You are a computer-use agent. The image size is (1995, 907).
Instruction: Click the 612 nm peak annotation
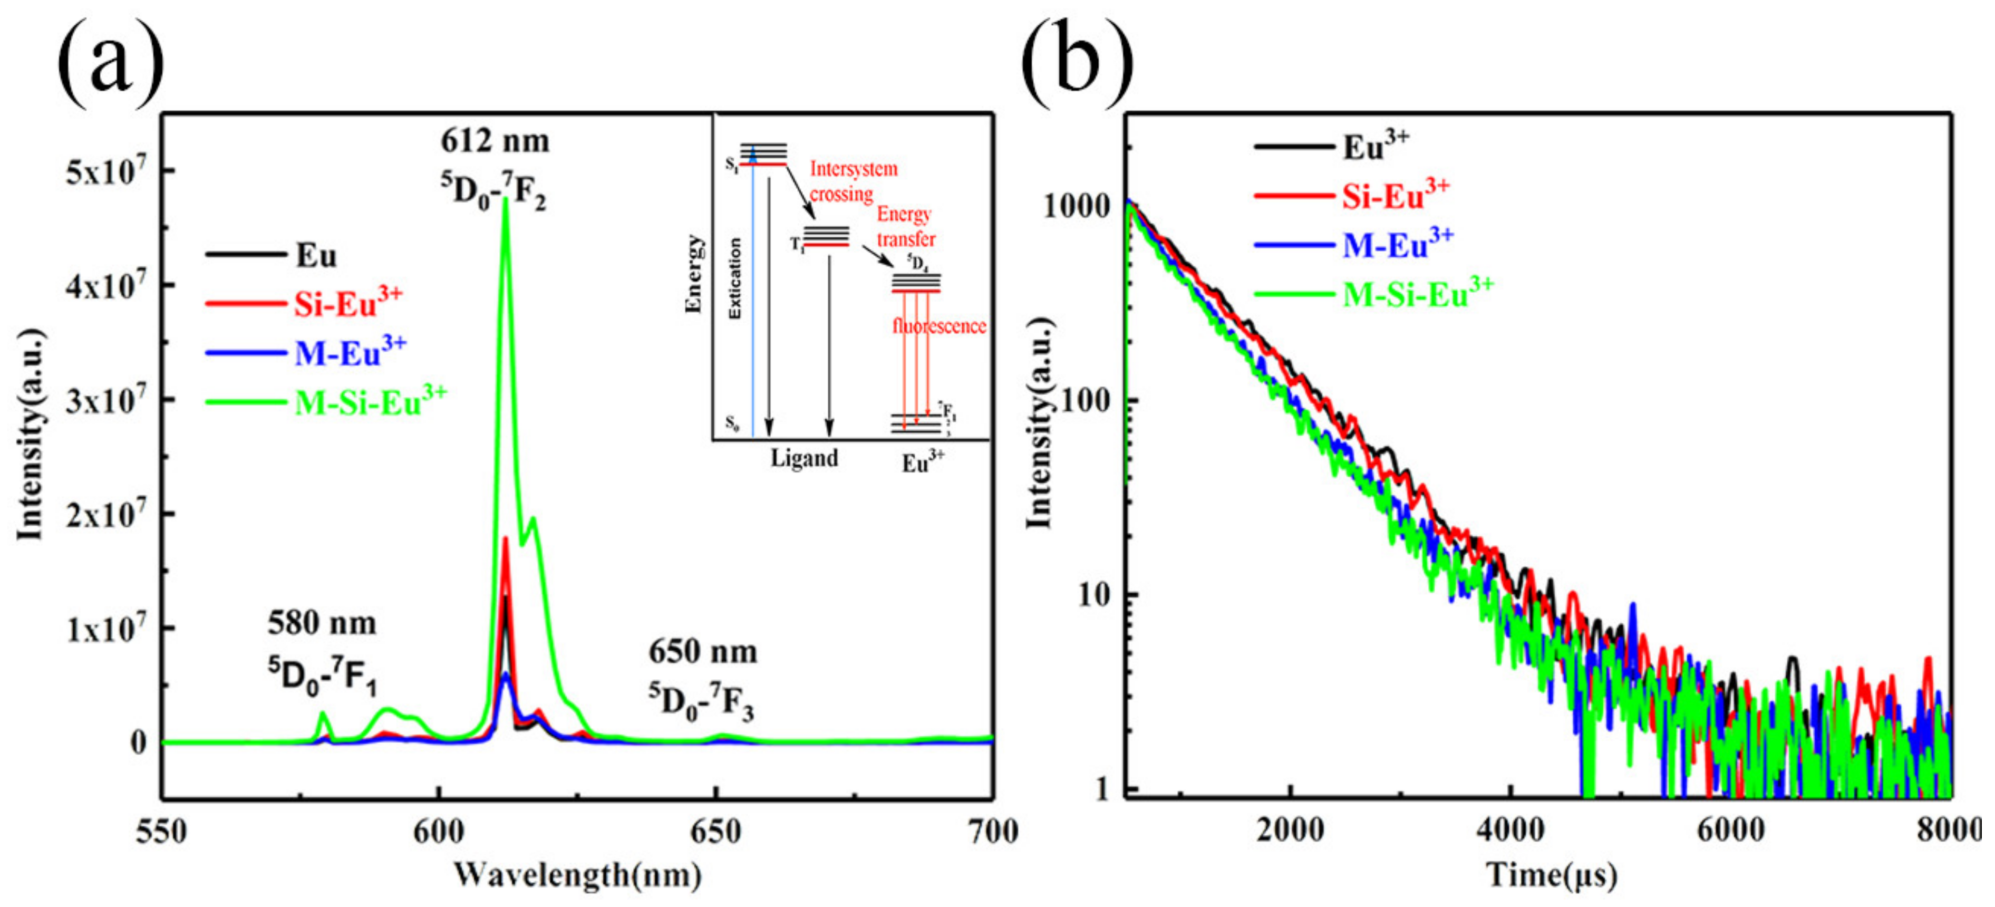pyautogui.click(x=496, y=142)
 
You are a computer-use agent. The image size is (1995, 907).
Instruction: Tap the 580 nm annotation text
pyautogui.click(x=322, y=623)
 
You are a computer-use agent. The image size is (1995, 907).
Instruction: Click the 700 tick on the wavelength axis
pyautogui.click(x=992, y=832)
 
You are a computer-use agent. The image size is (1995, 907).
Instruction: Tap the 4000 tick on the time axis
pyautogui.click(x=1509, y=831)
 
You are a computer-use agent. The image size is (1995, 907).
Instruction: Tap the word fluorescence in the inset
pyautogui.click(x=938, y=326)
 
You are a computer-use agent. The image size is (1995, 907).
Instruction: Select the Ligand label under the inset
pyautogui.click(x=804, y=459)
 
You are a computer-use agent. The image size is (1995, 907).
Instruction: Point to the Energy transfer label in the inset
pyautogui.click(x=905, y=226)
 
